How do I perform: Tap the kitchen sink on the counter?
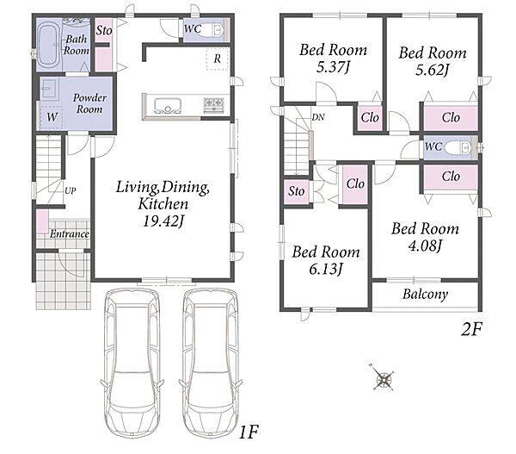click(168, 105)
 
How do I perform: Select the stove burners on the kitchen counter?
click(214, 105)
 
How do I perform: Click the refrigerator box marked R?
click(218, 59)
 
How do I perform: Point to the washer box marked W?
click(52, 117)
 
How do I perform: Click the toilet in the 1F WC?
click(214, 31)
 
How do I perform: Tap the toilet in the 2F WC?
click(458, 147)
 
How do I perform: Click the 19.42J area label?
click(163, 221)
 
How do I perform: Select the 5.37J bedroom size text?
click(333, 67)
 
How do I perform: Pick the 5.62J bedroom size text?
click(432, 71)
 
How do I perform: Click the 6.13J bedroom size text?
click(326, 269)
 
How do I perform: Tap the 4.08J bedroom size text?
click(425, 246)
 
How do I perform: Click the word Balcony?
click(425, 294)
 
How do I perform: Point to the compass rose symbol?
click(384, 378)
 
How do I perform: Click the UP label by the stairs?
click(71, 190)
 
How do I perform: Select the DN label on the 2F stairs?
click(318, 117)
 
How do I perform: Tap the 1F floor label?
click(249, 432)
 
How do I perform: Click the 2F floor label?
click(471, 329)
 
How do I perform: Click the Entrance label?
click(70, 234)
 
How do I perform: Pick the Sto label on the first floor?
click(104, 31)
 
